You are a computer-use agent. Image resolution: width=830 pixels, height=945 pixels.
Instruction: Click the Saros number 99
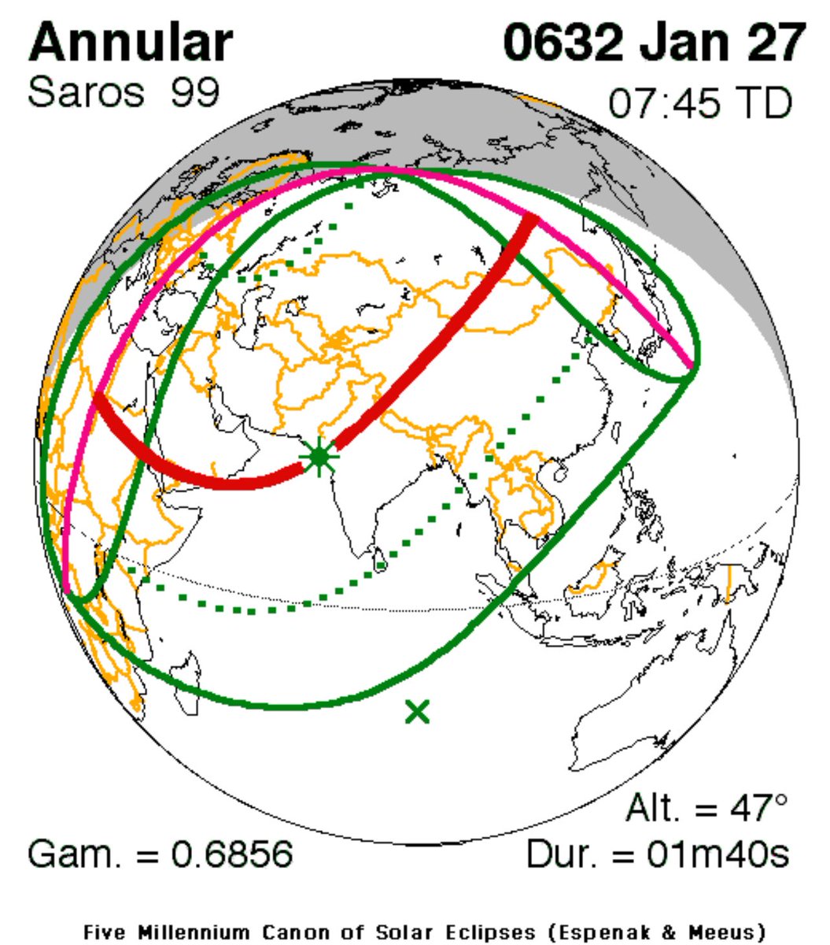[x=194, y=92]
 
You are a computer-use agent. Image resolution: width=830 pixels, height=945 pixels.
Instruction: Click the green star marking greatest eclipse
[x=319, y=456]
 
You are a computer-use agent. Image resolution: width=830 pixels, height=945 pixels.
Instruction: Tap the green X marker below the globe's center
[x=418, y=712]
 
